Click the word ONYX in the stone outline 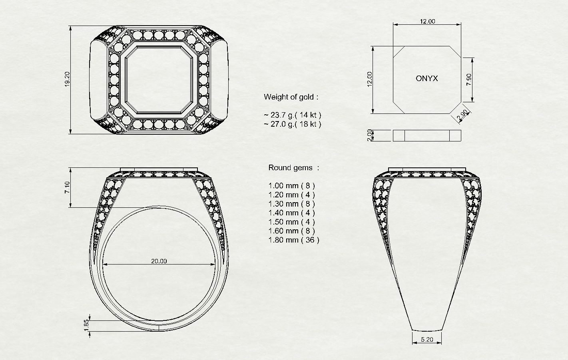coord(426,79)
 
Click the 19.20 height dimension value coord(67,79)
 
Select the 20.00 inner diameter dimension coord(159,261)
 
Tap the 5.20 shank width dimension coord(427,340)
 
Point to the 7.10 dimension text coord(67,188)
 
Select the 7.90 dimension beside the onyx coord(469,80)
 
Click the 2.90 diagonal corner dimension coord(462,115)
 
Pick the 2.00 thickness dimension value coord(370,135)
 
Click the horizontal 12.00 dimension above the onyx coord(427,22)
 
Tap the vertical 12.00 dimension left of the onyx coord(370,79)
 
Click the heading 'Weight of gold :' coord(291,97)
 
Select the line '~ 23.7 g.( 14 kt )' coord(292,115)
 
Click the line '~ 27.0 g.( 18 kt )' coord(292,124)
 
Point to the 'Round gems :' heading coord(294,168)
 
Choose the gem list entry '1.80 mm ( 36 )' coord(294,240)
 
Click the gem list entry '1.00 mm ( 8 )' coord(291,185)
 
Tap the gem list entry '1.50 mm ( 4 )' coord(291,222)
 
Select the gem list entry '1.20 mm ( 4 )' coord(291,195)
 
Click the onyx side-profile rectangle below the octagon coord(427,135)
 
